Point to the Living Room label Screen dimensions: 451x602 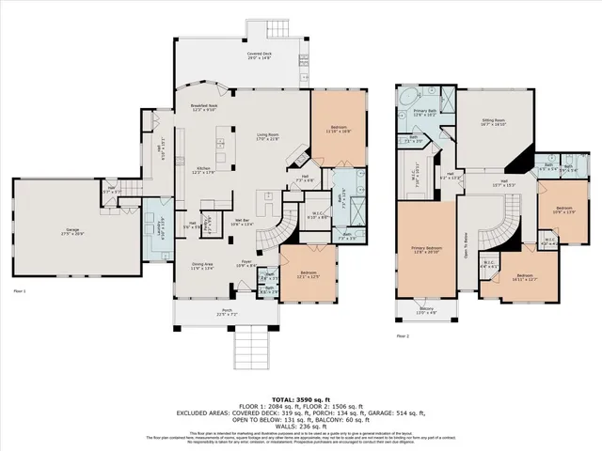[x=272, y=137]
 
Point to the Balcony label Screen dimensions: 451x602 [x=426, y=310]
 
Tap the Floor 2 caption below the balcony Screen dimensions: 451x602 [x=403, y=335]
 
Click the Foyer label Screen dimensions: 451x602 [x=246, y=266]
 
